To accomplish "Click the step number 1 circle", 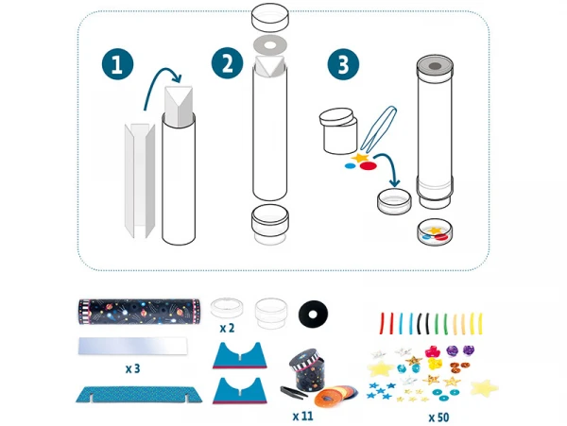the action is [x=117, y=64].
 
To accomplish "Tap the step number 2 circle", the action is [x=228, y=63].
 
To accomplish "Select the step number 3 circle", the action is [x=343, y=64].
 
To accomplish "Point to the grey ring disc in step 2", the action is [x=270, y=45].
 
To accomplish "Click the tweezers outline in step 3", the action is [x=380, y=128].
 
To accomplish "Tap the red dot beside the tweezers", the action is [x=369, y=166].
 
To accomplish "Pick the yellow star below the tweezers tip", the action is [x=360, y=158].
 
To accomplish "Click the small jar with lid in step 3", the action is [x=338, y=130].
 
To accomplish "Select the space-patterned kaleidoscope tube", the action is [x=139, y=311].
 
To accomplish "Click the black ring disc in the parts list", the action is [x=313, y=314].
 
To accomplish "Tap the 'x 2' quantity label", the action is [x=227, y=328].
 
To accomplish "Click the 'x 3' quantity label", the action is [x=132, y=368].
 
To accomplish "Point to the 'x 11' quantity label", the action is [x=302, y=417].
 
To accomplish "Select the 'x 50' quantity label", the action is [x=438, y=417].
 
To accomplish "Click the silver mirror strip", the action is [x=133, y=346].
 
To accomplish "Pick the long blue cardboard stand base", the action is [x=139, y=394].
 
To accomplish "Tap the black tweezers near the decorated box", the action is [x=294, y=391].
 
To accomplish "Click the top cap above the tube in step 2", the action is [x=270, y=17].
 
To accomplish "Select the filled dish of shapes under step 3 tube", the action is [x=435, y=232].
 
